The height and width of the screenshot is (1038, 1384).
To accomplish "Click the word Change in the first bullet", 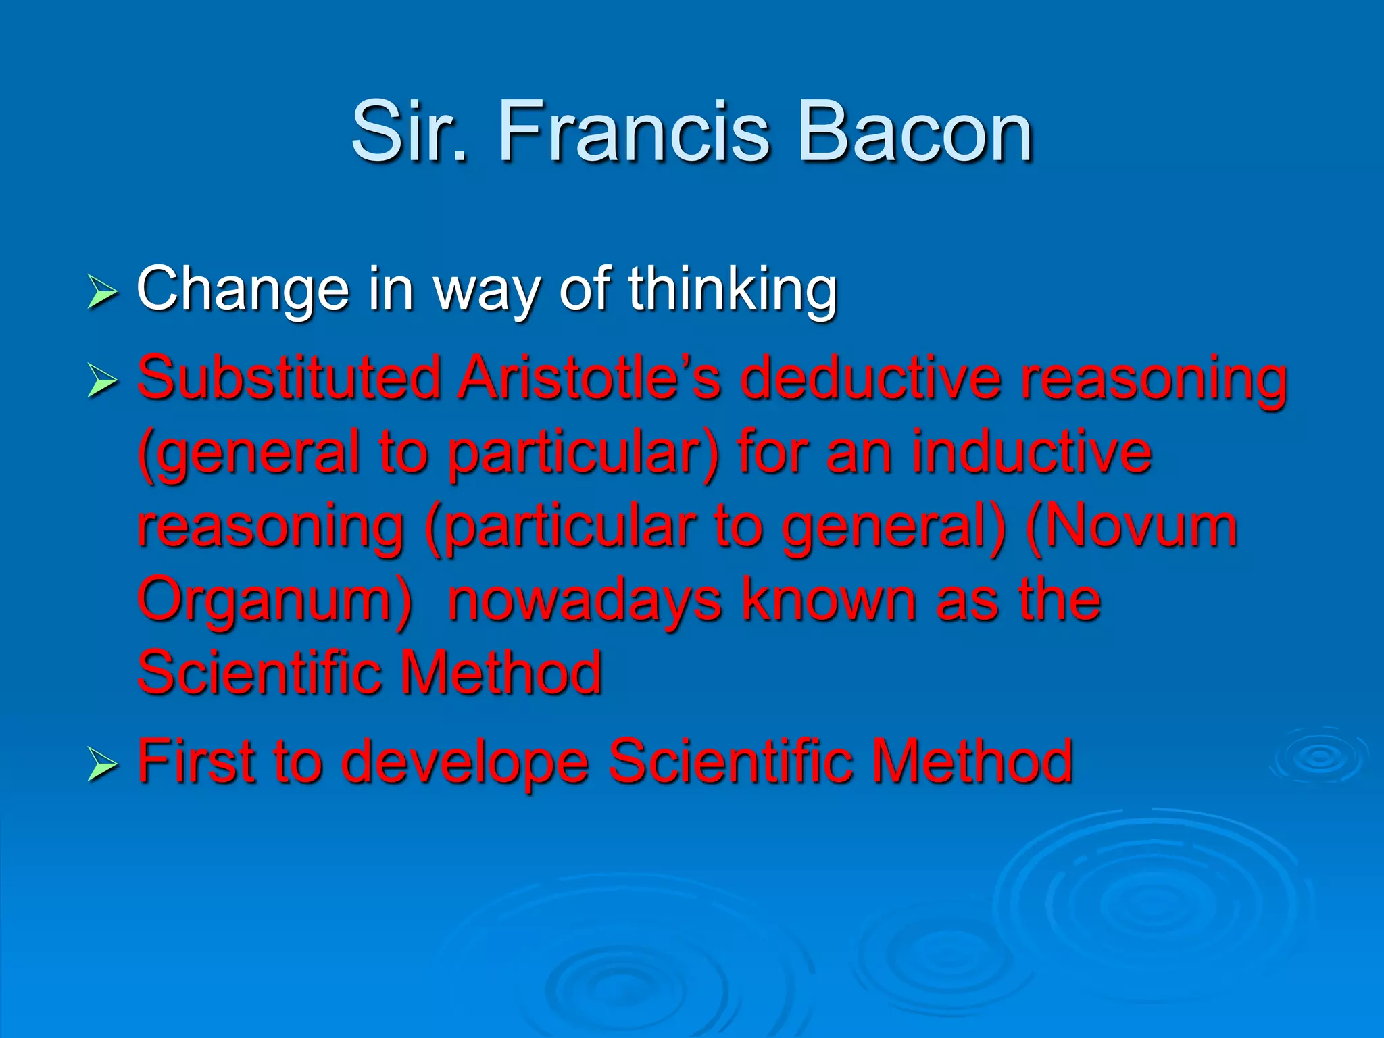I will (243, 289).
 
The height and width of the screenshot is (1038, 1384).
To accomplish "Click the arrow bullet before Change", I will (102, 295).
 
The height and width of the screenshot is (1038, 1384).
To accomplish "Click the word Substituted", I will (289, 378).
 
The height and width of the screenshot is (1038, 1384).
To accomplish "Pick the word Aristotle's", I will (589, 378).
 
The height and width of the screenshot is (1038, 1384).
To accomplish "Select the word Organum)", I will (274, 601).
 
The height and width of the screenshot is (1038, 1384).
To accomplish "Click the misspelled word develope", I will (465, 762).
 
